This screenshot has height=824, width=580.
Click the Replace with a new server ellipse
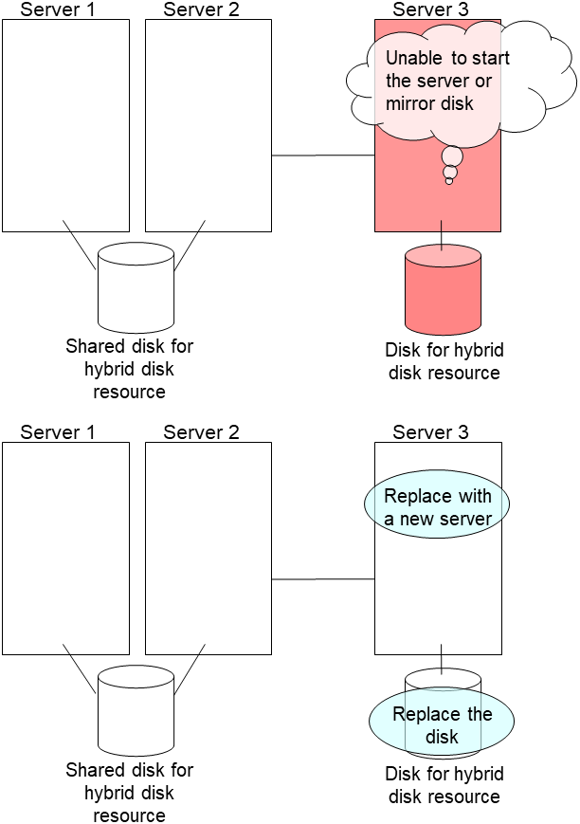pos(438,507)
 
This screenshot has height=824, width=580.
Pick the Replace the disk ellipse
pos(442,725)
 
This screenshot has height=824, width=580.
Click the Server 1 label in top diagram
pos(58,10)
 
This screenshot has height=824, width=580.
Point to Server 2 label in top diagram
pos(201,10)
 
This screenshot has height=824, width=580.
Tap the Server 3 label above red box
pos(430,10)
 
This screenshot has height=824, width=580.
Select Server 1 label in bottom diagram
pos(58,432)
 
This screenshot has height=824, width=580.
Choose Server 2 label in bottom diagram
pos(201,432)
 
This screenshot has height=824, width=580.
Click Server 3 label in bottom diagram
pos(430,432)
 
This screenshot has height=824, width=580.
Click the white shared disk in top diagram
pos(136,285)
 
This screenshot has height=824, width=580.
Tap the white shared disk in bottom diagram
pos(136,708)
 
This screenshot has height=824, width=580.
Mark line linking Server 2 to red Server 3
pos(322,155)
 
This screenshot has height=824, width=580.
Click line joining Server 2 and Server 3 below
pos(322,578)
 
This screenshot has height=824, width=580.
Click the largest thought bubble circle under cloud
pos(452,156)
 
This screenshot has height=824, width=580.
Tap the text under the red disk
pos(443,361)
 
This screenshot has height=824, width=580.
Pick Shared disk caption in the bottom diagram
pos(129,793)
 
